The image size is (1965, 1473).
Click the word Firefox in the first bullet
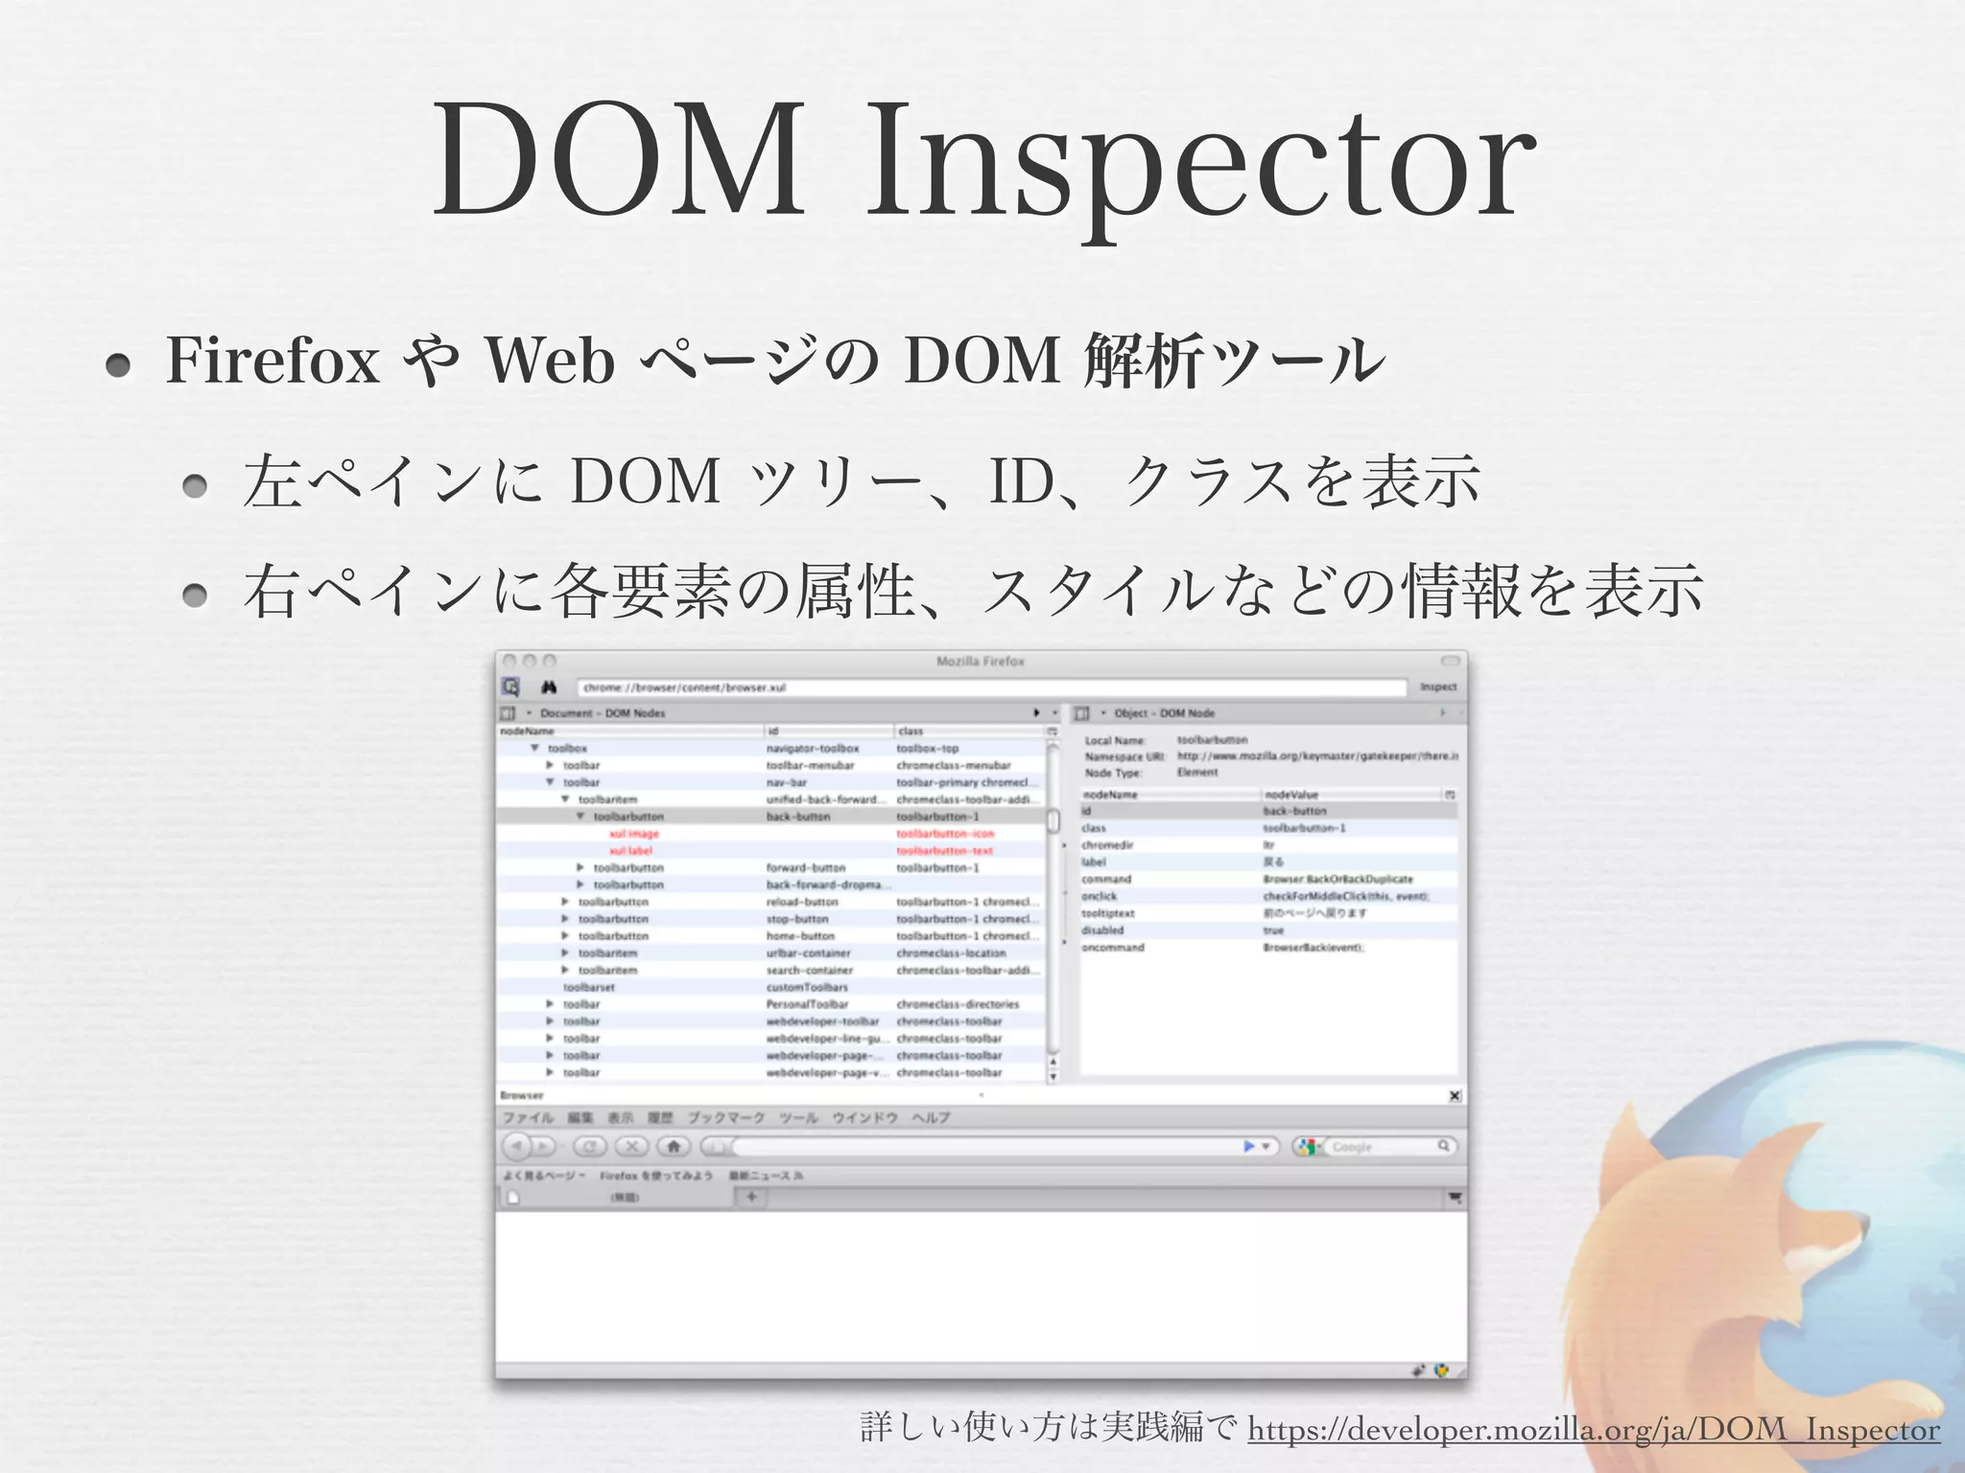coord(273,362)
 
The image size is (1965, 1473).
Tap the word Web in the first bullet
coord(550,362)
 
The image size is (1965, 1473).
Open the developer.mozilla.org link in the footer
coord(1593,1430)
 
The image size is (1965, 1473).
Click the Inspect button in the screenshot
coord(1437,687)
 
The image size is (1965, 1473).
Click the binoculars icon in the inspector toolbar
coord(549,688)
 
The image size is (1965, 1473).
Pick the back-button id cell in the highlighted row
coord(797,817)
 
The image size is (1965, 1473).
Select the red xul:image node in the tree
coord(634,834)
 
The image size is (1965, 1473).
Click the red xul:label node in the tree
coord(630,851)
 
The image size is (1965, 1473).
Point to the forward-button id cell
coord(805,868)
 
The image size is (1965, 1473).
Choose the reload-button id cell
coord(802,902)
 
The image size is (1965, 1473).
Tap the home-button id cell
coord(800,936)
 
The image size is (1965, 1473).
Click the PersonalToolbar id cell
coord(807,1004)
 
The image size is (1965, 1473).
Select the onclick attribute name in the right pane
coord(1099,897)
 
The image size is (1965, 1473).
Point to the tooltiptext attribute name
coord(1107,914)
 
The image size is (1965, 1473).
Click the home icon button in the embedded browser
coord(674,1146)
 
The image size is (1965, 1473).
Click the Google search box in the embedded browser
coord(1382,1147)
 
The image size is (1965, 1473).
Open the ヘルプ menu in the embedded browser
coord(930,1118)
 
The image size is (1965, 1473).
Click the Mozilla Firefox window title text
coord(980,662)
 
